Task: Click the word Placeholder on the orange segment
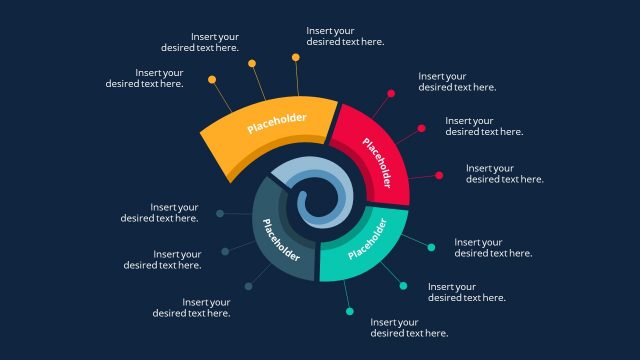point(277,123)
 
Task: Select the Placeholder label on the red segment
point(377,164)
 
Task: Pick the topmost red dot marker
point(391,94)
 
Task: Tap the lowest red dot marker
point(439,175)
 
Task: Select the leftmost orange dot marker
point(212,79)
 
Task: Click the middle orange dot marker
point(252,63)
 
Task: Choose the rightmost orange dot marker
point(296,58)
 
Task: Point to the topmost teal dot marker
point(431,247)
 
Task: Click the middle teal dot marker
point(403,286)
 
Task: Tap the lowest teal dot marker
point(350,312)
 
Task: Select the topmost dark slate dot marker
point(220,213)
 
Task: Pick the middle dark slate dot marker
point(225,251)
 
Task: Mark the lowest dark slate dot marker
point(248,287)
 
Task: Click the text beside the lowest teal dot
point(409,328)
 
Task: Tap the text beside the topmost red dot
point(457,81)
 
